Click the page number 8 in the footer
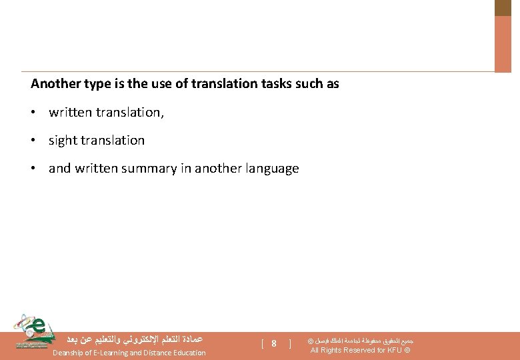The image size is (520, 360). (274, 344)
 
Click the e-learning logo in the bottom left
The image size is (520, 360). (33, 331)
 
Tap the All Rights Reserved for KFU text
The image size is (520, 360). (360, 351)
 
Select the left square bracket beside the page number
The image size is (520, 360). (263, 344)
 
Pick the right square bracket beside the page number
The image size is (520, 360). (290, 344)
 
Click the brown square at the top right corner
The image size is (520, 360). (503, 7)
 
